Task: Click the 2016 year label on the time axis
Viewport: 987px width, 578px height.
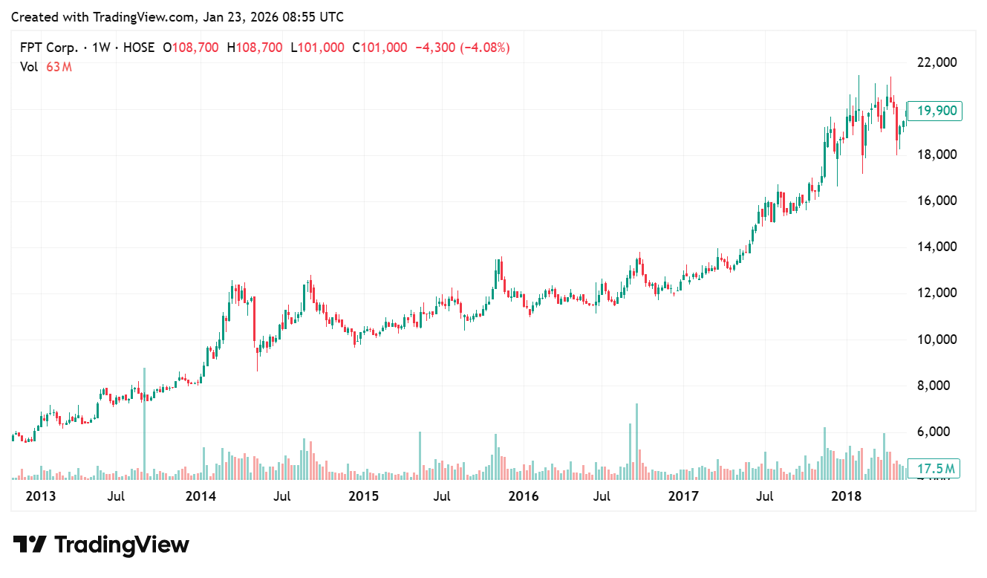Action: (x=524, y=496)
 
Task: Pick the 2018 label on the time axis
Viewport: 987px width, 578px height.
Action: (x=846, y=496)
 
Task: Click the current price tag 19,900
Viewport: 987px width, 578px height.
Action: (x=934, y=111)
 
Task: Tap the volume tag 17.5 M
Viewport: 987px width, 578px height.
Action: (x=934, y=469)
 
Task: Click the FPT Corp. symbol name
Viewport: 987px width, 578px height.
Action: (x=48, y=48)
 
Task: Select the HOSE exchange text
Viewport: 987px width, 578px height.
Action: (x=138, y=48)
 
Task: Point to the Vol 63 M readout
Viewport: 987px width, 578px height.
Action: (x=46, y=67)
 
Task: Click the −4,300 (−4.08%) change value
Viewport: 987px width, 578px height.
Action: (x=462, y=48)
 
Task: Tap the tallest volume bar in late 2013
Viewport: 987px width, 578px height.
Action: (x=144, y=423)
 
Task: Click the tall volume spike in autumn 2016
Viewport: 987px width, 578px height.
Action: (x=636, y=438)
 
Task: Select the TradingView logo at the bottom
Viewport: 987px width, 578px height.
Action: (x=101, y=545)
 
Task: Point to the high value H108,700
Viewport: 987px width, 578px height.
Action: (x=255, y=48)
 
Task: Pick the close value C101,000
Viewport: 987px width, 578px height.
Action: (x=380, y=48)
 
